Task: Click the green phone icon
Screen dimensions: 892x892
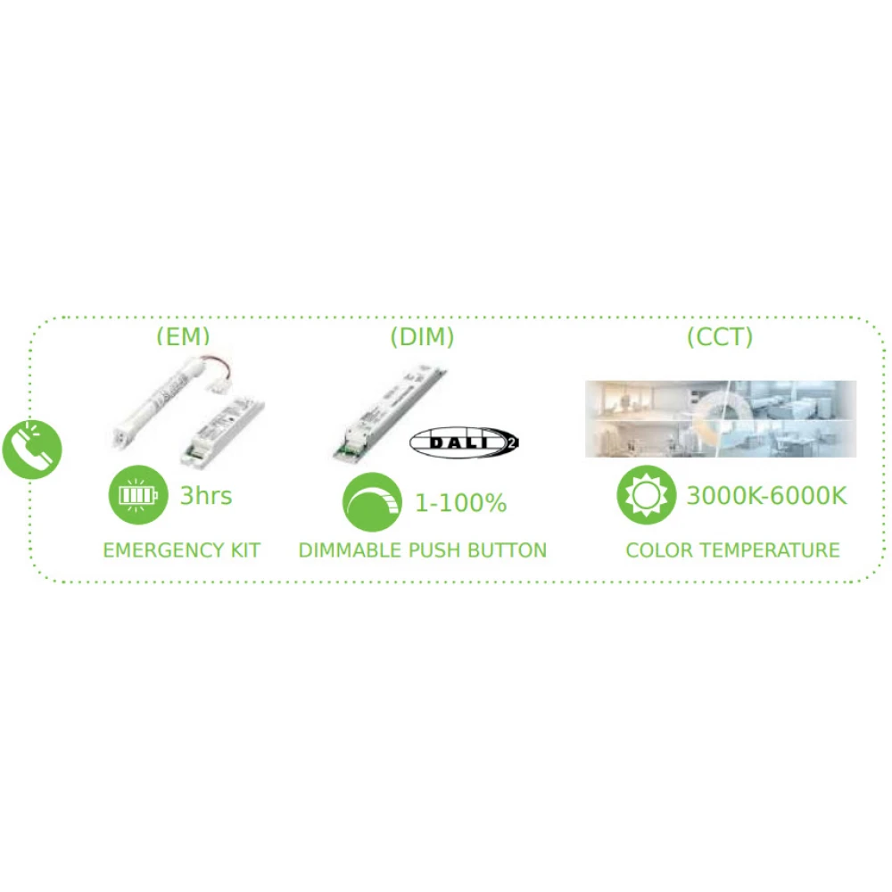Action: click(x=31, y=447)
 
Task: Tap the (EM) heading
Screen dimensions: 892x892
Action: click(x=182, y=337)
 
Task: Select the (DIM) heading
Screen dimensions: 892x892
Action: click(x=422, y=337)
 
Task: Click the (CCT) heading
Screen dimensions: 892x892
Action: click(x=720, y=337)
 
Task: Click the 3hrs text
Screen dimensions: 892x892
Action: click(x=205, y=496)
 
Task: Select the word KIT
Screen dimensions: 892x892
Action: click(x=241, y=549)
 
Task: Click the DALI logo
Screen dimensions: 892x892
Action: click(x=464, y=442)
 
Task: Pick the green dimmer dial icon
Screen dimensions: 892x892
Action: click(x=372, y=501)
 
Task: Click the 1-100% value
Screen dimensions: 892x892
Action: click(x=460, y=503)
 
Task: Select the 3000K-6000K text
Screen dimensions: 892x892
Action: click(x=765, y=496)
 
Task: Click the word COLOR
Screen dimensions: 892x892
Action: click(x=656, y=549)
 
